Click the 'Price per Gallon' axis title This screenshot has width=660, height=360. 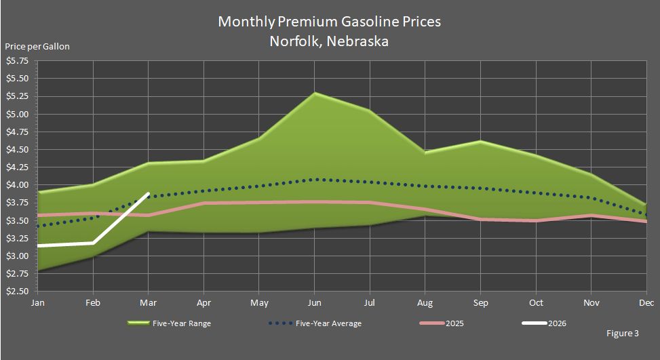coord(37,47)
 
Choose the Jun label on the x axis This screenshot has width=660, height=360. coord(315,302)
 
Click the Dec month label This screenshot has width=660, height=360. coord(646,302)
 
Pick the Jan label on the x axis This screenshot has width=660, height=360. coord(38,302)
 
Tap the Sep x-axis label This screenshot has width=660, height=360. coord(480,302)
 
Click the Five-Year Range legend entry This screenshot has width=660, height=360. coord(170,323)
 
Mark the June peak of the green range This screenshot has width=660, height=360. coord(315,93)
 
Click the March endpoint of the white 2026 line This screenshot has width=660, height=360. coord(149,194)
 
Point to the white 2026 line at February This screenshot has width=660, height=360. coord(94,242)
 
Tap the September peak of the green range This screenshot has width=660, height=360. coord(480,141)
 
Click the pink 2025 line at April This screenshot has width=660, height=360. coord(204,203)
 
